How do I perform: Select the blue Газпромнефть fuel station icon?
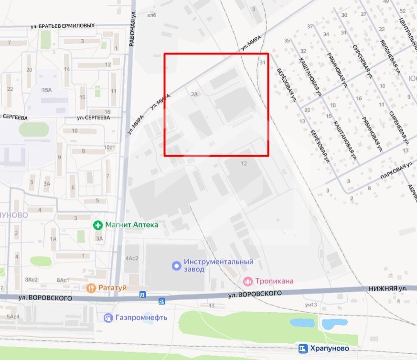click(x=108, y=318)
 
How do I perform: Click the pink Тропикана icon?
click(x=247, y=281)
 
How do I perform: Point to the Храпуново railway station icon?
click(x=303, y=349)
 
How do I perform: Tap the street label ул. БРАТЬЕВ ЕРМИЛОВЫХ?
click(x=62, y=26)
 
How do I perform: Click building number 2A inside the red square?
click(x=194, y=95)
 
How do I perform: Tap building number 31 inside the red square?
click(x=262, y=63)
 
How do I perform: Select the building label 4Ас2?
click(x=131, y=258)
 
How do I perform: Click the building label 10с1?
click(x=110, y=147)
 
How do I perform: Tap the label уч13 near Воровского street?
click(x=310, y=305)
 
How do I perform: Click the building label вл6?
click(x=152, y=15)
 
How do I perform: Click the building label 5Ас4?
click(x=13, y=317)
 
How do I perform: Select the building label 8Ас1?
click(x=63, y=280)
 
